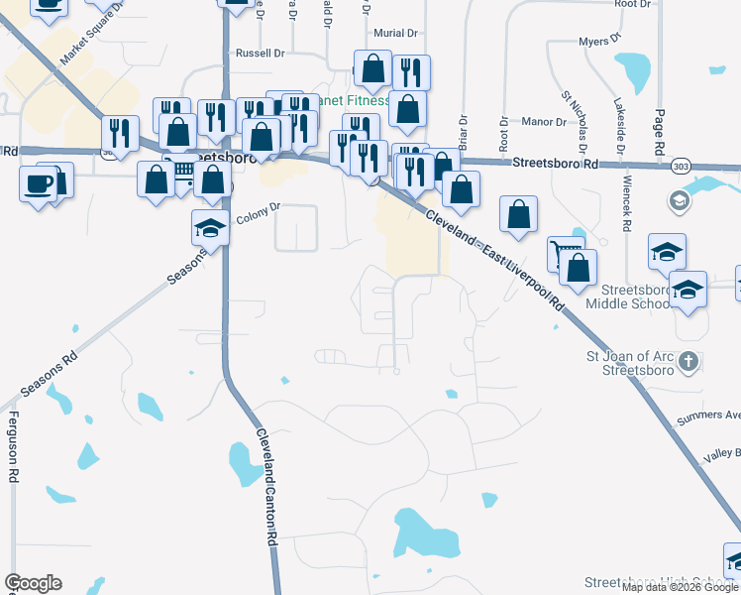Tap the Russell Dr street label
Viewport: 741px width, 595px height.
pos(260,53)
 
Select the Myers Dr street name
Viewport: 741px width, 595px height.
pos(598,42)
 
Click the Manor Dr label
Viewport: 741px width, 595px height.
pos(545,122)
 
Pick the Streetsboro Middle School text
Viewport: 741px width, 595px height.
pos(630,296)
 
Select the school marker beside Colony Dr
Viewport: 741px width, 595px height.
pos(209,229)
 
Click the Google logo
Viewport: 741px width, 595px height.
pos(33,583)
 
